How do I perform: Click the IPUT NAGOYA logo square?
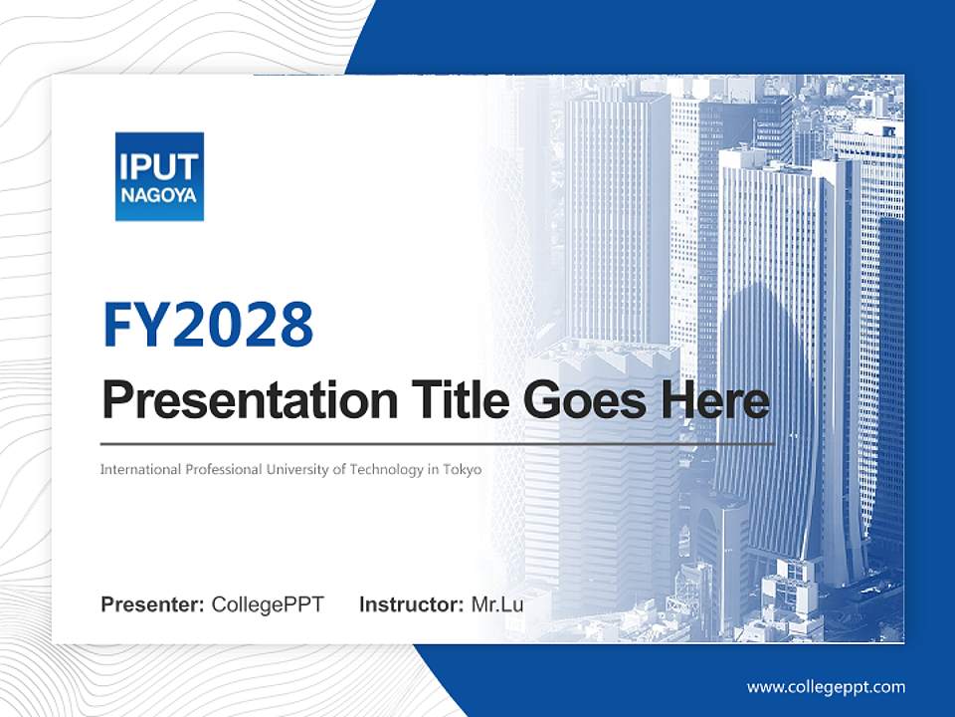(x=159, y=176)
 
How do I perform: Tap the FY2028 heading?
(x=208, y=325)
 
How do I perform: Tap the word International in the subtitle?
(x=140, y=469)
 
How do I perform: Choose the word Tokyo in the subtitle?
(x=461, y=469)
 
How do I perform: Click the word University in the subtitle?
(x=293, y=469)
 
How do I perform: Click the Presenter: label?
(x=153, y=604)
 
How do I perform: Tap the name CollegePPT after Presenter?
(x=268, y=604)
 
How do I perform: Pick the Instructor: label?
(x=411, y=604)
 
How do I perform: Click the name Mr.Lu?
(x=497, y=604)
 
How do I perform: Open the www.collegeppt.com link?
(x=826, y=687)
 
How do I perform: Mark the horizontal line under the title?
(x=437, y=443)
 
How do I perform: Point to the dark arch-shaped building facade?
(x=766, y=398)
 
